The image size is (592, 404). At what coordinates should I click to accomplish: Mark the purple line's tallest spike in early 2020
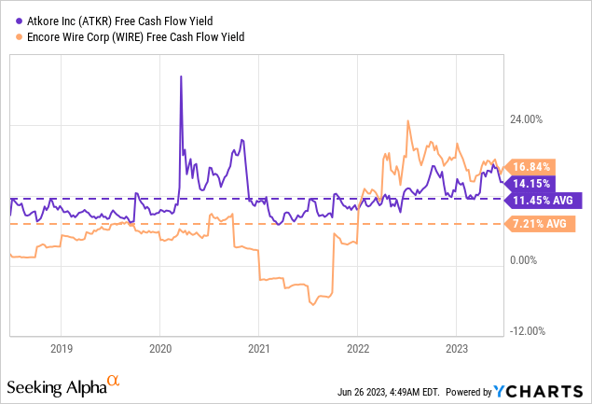click(x=180, y=77)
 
